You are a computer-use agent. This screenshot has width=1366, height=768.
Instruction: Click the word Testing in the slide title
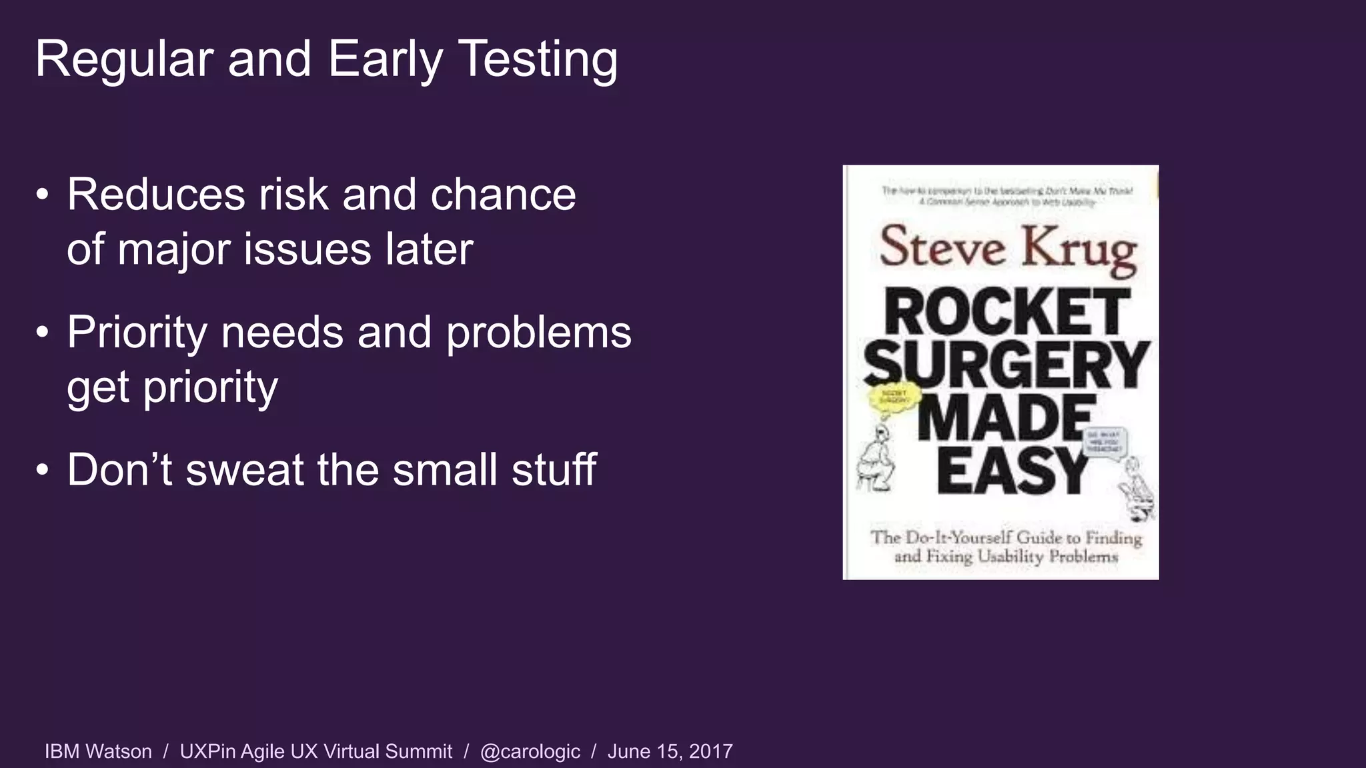[x=538, y=60]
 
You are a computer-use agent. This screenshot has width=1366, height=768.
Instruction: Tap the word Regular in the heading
[x=124, y=60]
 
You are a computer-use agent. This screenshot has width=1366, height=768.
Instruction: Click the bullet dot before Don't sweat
[x=43, y=471]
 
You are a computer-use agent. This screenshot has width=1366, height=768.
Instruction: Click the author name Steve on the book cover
[x=942, y=247]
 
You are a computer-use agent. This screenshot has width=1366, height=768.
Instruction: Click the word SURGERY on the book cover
[x=1006, y=365]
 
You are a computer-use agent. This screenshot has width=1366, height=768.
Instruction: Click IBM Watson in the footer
[x=98, y=751]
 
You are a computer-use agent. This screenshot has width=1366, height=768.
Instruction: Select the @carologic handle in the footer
[x=530, y=751]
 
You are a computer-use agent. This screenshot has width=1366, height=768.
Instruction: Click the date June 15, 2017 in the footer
[x=670, y=751]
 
